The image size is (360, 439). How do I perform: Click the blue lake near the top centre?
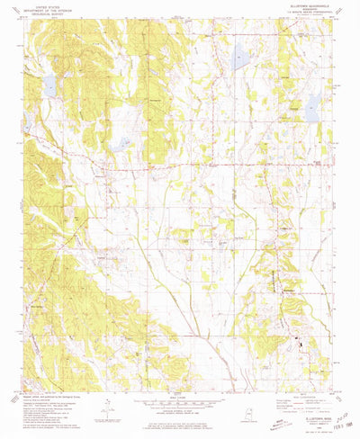pos(240,60)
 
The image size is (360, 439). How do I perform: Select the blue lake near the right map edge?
pos(312,110)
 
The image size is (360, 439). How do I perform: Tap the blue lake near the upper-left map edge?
pos(50,87)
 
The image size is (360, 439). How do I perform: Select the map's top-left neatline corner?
pos(26,24)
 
